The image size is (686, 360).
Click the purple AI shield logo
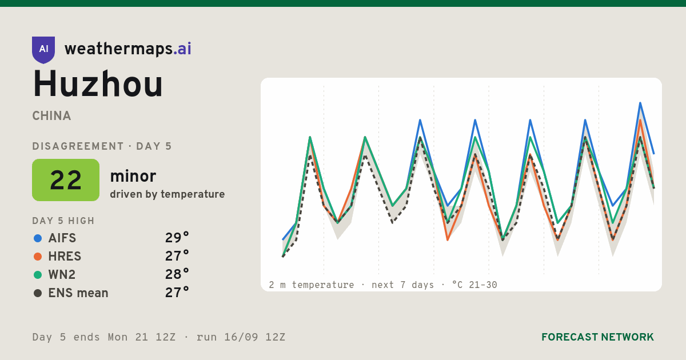click(x=43, y=50)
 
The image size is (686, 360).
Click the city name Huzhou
click(x=98, y=84)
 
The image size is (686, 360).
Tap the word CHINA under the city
click(x=51, y=116)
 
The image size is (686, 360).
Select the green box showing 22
click(x=66, y=180)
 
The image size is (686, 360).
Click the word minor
click(x=133, y=176)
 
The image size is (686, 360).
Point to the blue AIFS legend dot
click(x=38, y=238)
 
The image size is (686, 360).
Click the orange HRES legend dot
click(x=38, y=257)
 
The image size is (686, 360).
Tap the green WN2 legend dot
click(x=38, y=275)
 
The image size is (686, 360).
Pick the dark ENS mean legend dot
click(x=38, y=293)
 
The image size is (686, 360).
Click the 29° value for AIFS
click(x=177, y=238)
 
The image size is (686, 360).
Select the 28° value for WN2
click(x=177, y=274)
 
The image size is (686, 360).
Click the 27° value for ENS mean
click(x=177, y=293)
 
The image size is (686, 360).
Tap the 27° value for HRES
click(x=177, y=256)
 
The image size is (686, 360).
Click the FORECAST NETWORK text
click(x=597, y=337)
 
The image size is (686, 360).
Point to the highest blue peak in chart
click(x=640, y=103)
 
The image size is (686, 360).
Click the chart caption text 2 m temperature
click(x=311, y=285)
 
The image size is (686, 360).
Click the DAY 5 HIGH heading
click(x=63, y=221)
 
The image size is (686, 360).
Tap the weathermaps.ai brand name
click(x=127, y=49)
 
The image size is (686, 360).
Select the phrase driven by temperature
click(x=167, y=194)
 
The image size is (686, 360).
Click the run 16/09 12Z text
click(x=241, y=337)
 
